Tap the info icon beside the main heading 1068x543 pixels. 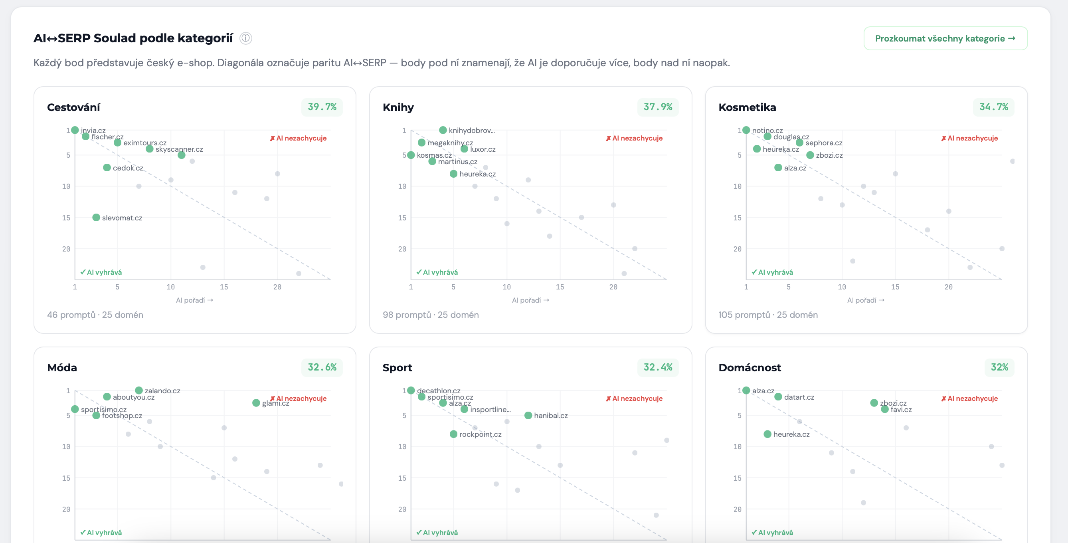tap(246, 38)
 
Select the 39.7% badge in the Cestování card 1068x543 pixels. tap(322, 107)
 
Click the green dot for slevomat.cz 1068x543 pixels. tap(96, 218)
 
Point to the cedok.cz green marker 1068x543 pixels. tap(107, 168)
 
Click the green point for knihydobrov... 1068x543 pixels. tap(443, 130)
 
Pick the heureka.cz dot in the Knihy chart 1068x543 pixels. tap(453, 174)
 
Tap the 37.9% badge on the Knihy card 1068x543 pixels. tap(658, 107)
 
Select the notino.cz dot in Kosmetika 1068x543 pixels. tap(746, 130)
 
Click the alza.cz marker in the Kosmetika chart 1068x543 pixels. tap(778, 168)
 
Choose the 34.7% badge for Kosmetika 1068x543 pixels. tap(993, 107)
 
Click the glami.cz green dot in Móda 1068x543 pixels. tap(256, 403)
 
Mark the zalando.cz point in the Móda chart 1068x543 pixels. tap(139, 390)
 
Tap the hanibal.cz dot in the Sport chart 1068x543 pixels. tap(528, 415)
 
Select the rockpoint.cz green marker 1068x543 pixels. tap(453, 434)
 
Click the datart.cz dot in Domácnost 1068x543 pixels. tap(778, 397)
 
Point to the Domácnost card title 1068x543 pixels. tap(750, 368)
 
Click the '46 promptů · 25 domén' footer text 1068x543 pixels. tap(95, 315)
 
